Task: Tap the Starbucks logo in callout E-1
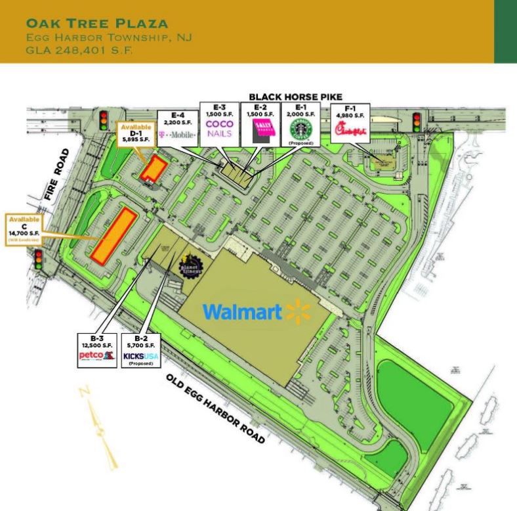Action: pyautogui.click(x=299, y=129)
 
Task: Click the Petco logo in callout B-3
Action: pyautogui.click(x=96, y=357)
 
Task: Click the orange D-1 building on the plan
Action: pyautogui.click(x=153, y=168)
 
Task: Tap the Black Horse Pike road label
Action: pyautogui.click(x=295, y=97)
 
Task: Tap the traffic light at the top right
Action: pyautogui.click(x=416, y=122)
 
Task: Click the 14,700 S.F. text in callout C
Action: pyautogui.click(x=24, y=233)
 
